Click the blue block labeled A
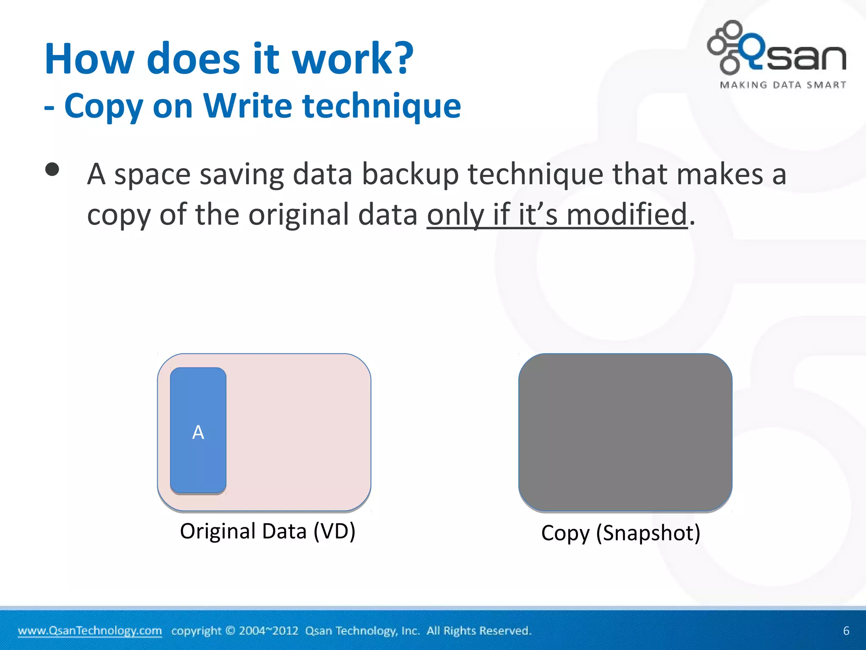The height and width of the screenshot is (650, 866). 198,430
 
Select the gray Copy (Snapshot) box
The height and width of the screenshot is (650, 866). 625,432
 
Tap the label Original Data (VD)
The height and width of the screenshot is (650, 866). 268,531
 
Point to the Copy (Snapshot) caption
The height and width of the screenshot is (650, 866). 620,533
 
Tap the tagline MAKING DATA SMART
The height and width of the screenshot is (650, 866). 783,85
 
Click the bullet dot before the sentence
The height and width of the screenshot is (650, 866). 52,170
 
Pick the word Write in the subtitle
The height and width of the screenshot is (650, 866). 247,106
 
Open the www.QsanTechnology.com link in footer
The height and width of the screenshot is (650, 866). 90,631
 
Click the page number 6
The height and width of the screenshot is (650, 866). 846,631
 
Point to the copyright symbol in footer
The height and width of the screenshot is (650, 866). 230,631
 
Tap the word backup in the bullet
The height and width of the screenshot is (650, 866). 410,174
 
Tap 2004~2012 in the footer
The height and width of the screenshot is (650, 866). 269,631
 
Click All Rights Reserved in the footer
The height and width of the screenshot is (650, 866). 479,631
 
